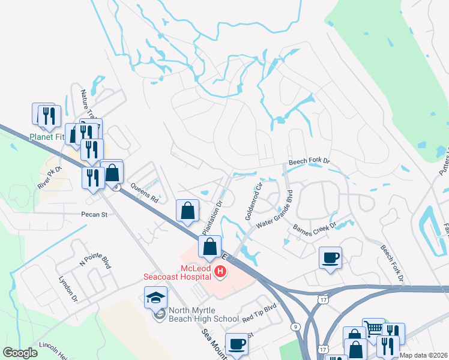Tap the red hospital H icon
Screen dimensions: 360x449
pos(220,272)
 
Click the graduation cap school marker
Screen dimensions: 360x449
pos(155,296)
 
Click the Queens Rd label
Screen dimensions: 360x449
pos(144,193)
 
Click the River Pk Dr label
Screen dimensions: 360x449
pos(50,177)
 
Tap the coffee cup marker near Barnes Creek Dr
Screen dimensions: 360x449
pos(330,257)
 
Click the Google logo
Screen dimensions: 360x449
pos(20,353)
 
